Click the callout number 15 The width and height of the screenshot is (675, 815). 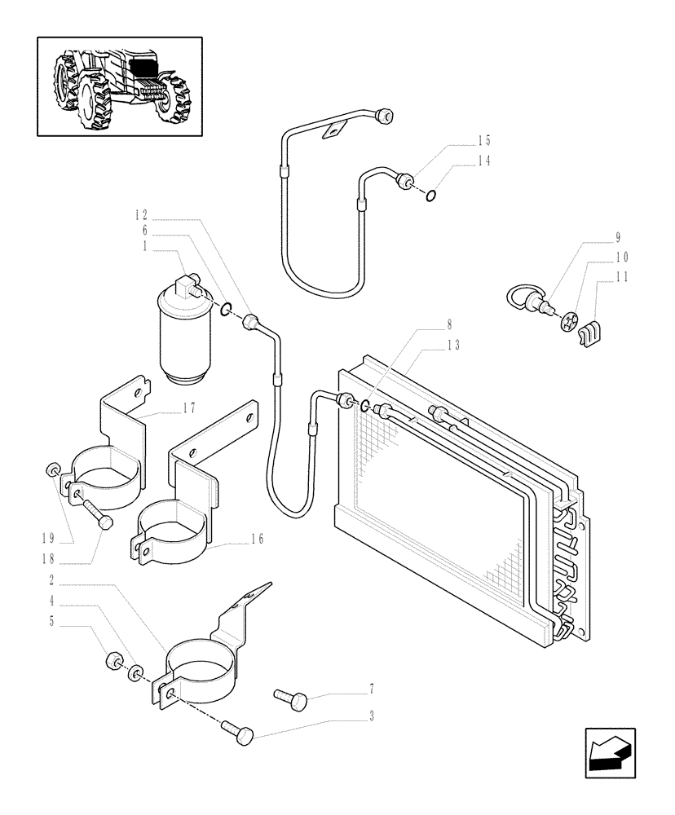click(484, 140)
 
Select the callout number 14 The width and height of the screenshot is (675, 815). click(484, 161)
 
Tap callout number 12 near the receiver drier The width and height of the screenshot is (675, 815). click(142, 215)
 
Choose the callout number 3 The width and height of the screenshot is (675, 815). click(372, 717)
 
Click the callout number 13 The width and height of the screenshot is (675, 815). click(453, 346)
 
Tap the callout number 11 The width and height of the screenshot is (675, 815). click(622, 278)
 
